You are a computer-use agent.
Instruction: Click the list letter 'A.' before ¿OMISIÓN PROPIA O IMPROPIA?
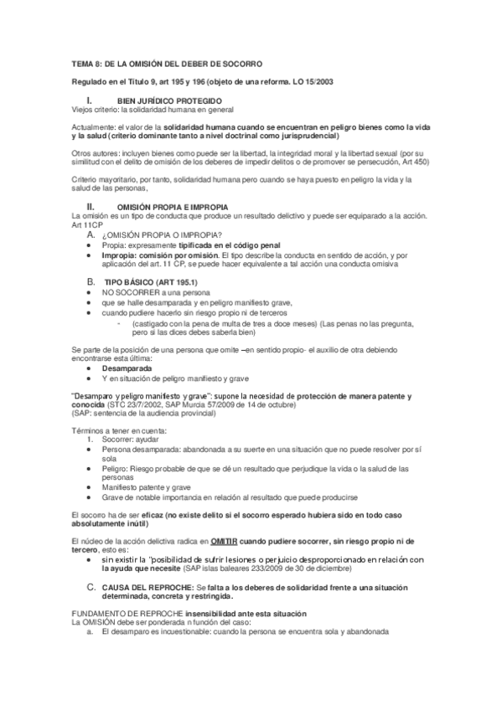[x=91, y=235]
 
